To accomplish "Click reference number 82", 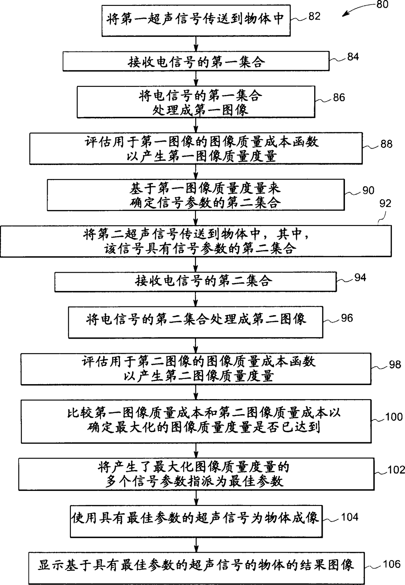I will pos(314,16).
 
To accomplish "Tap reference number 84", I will pos(353,57).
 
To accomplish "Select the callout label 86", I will pos(339,97).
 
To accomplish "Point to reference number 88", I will pos(386,144).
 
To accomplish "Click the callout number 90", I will pos(368,190).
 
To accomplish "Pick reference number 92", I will pos(385,203).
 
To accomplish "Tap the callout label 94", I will pos(360,278).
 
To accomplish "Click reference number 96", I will pos(347,318).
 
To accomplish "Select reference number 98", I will pos(395,365).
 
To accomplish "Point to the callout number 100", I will pos(394,417).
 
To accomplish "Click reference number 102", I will pos(396,470).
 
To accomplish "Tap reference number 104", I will pos(350,517).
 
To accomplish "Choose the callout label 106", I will pos(392,564).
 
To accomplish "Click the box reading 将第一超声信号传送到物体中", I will pos(196,20).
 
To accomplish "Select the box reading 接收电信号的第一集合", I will pos(196,61).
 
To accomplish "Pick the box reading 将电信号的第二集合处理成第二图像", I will pos(195,322).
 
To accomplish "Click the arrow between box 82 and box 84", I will pos(196,43).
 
